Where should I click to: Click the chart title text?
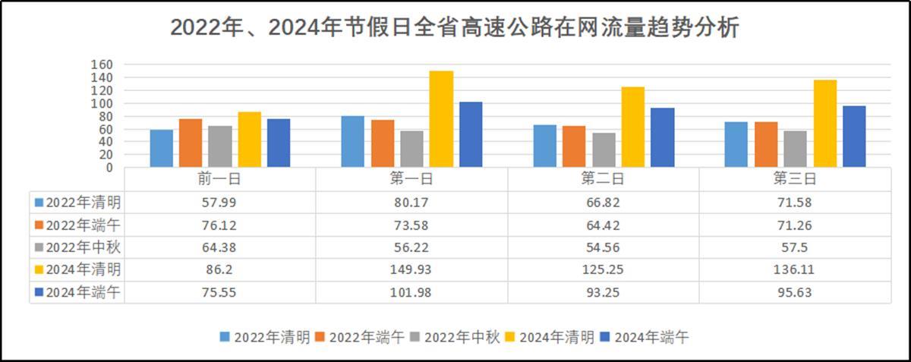(455, 27)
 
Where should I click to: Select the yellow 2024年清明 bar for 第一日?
(441, 119)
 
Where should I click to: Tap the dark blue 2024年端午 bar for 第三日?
(853, 137)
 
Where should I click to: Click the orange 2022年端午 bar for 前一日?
(191, 143)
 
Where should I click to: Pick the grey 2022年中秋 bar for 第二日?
(604, 150)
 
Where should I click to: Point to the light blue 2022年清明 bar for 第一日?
(353, 141)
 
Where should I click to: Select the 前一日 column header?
(220, 179)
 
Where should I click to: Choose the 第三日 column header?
(794, 179)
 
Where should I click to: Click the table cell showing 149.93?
(411, 270)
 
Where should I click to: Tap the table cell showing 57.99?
(220, 203)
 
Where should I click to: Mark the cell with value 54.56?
(603, 247)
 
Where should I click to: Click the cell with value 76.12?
(220, 225)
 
